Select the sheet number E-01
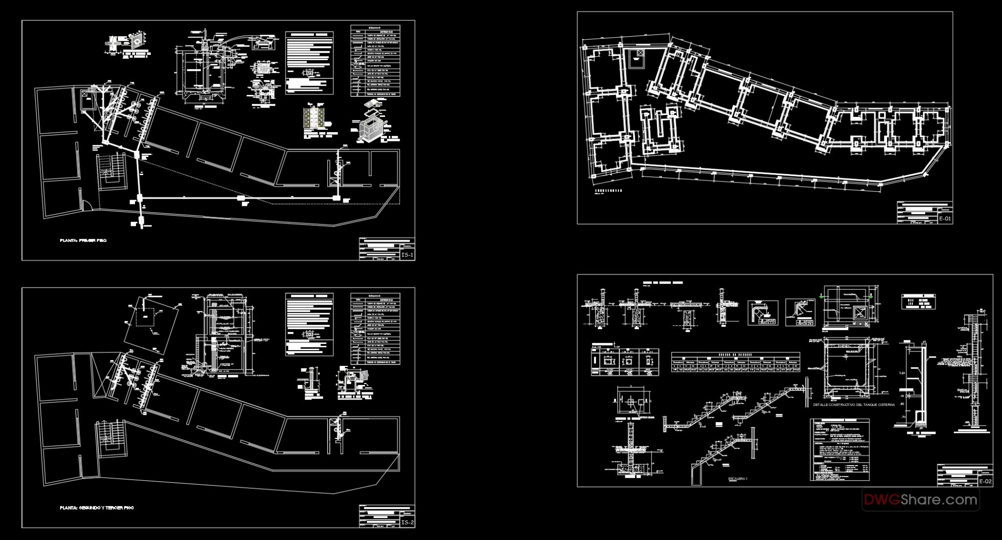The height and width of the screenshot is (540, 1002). click(x=945, y=219)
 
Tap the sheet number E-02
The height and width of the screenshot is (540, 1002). click(x=985, y=482)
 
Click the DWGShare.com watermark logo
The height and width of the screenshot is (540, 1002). click(x=920, y=499)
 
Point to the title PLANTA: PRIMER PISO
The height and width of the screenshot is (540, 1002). click(x=83, y=241)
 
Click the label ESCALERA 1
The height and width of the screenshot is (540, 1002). click(x=738, y=479)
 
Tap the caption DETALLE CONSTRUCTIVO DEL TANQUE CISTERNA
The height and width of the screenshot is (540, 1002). click(x=854, y=405)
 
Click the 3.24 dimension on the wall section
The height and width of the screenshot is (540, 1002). click(x=902, y=373)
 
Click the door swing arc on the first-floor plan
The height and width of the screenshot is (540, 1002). click(x=88, y=206)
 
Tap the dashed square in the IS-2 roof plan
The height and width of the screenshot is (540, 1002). click(x=145, y=317)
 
